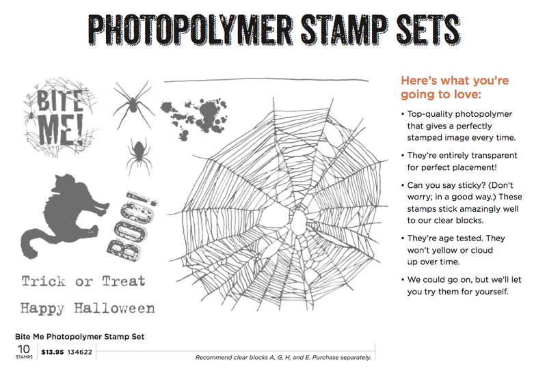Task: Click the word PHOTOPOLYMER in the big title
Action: click(x=191, y=30)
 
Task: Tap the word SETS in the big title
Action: click(x=428, y=30)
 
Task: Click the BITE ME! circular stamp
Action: click(x=59, y=117)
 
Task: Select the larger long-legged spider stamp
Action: click(x=133, y=105)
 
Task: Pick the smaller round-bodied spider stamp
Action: click(x=139, y=156)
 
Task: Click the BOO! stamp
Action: click(x=131, y=227)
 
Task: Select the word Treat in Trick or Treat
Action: click(x=124, y=281)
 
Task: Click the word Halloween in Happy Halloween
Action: click(x=114, y=308)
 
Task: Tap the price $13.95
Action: click(x=53, y=352)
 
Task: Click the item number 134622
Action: click(x=80, y=352)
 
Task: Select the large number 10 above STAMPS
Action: click(x=24, y=349)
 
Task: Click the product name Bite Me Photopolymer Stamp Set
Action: click(x=79, y=337)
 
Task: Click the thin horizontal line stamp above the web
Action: click(x=266, y=80)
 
